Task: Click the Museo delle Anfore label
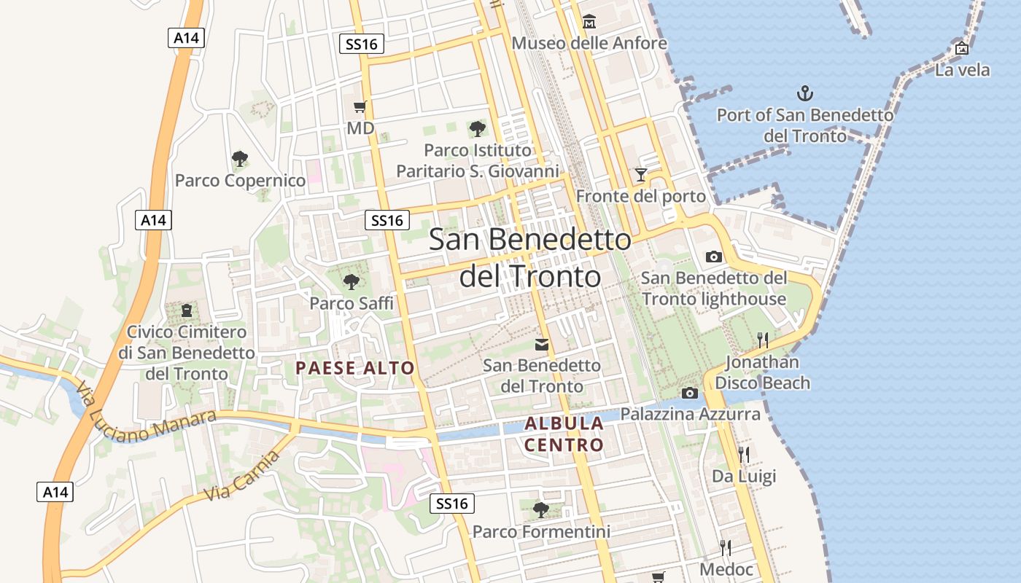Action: [x=589, y=43]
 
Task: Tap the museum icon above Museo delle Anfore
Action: [x=589, y=21]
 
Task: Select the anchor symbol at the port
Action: [x=805, y=93]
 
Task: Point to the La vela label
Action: [x=963, y=70]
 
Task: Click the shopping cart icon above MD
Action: [x=360, y=107]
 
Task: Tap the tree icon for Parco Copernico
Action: [x=239, y=158]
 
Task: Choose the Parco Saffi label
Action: [x=352, y=302]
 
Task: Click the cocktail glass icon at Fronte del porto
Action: [x=641, y=174]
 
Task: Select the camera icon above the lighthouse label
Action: [x=714, y=257]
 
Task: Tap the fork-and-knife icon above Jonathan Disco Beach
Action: [x=763, y=340]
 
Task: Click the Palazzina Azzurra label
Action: [x=690, y=414]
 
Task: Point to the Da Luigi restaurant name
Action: [x=744, y=476]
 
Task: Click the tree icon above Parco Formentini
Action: [x=540, y=509]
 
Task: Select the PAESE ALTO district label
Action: [x=355, y=368]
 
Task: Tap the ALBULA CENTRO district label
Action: [x=564, y=434]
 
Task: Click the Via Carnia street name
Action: [x=242, y=476]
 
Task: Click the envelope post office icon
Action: [x=542, y=345]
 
